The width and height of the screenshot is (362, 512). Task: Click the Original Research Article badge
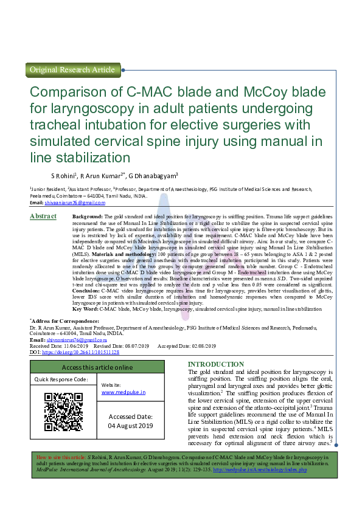tap(72, 70)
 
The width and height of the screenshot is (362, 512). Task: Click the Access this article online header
tap(97, 367)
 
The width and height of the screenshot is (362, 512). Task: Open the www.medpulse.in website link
tap(124, 393)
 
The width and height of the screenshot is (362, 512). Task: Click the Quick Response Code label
tap(61, 379)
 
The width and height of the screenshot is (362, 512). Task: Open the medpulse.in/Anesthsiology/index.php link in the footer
tap(260, 470)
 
